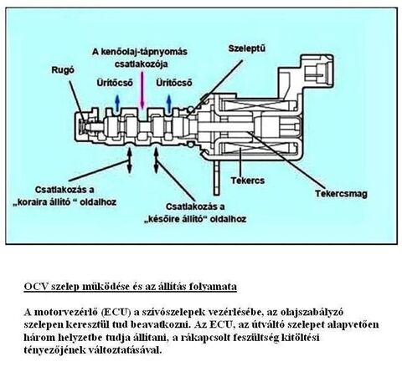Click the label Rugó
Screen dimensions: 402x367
63,70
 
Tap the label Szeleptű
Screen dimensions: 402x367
247,48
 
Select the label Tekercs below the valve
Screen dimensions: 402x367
248,181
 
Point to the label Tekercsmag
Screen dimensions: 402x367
341,194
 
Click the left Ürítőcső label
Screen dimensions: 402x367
115,83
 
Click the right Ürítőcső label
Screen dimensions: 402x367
174,83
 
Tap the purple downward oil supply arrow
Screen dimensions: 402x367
142,90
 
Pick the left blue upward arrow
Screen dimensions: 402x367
117,103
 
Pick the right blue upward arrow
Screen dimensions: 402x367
168,104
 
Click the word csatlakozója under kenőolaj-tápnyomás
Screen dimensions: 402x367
142,64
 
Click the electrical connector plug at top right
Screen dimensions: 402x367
317,71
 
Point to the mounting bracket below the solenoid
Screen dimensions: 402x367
217,177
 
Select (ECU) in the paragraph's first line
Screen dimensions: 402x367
116,312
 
